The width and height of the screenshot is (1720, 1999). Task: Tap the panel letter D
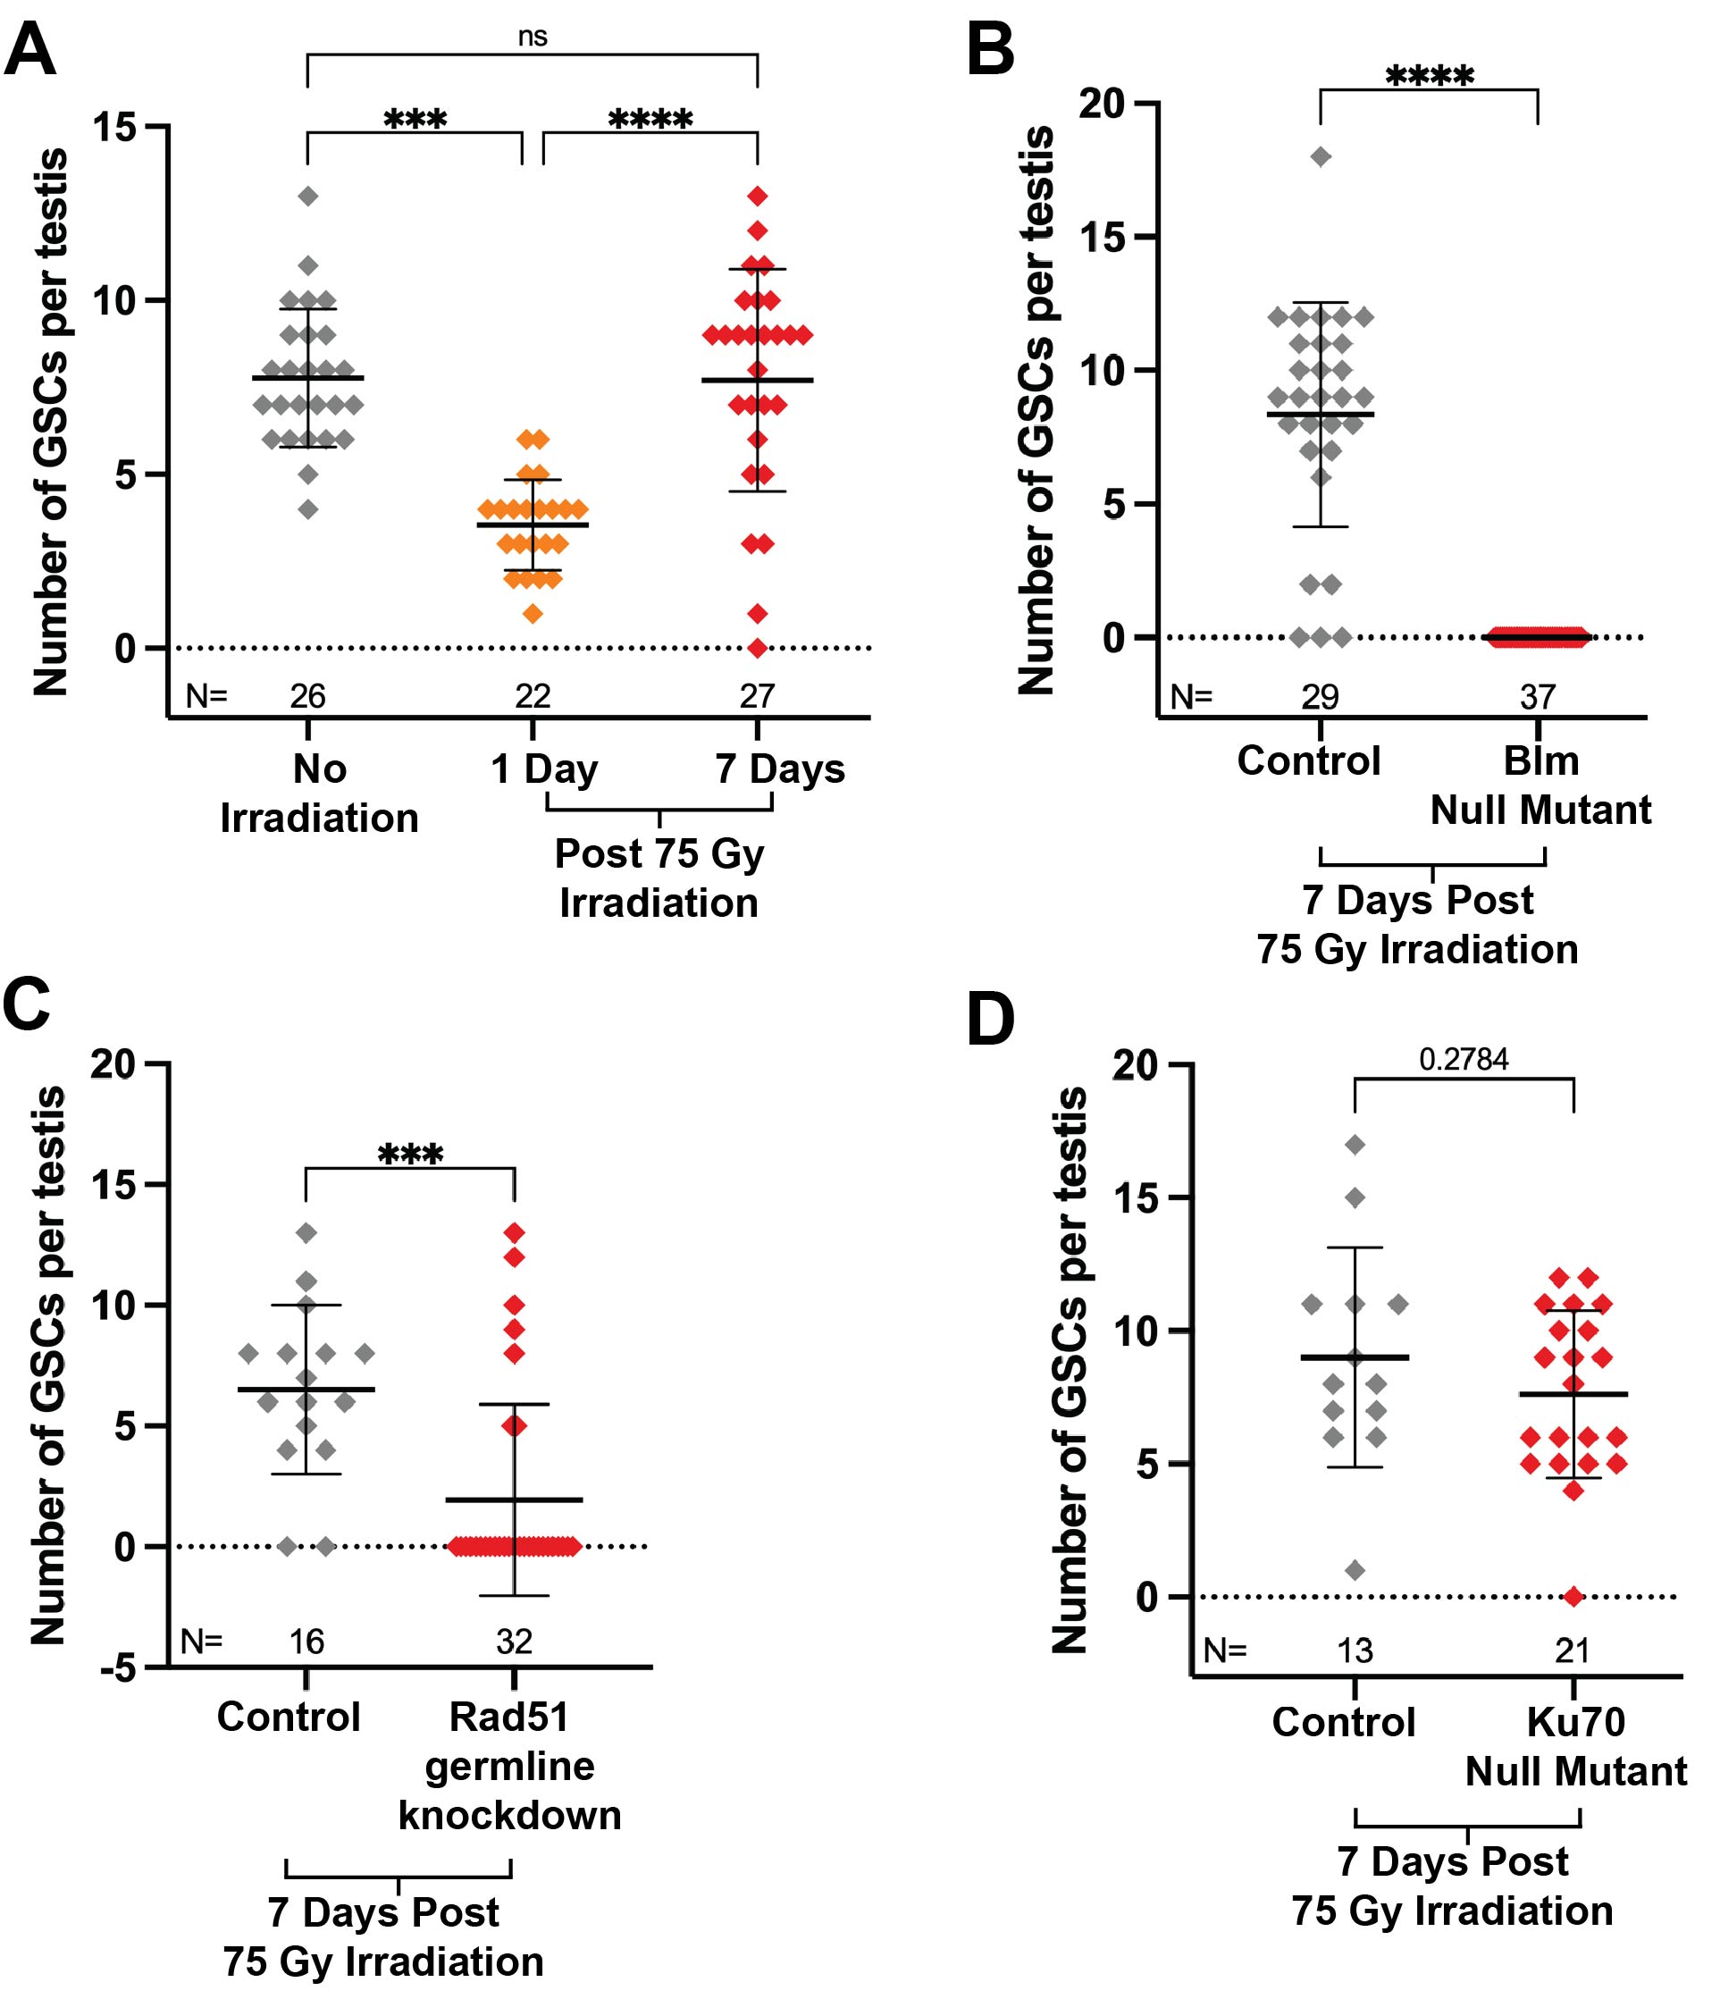point(991,1020)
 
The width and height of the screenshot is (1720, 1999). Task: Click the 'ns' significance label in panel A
point(533,37)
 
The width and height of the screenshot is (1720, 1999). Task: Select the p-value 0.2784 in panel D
point(1464,1059)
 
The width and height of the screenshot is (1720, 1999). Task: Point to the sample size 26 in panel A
point(307,695)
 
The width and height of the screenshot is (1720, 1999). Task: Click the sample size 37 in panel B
point(1538,696)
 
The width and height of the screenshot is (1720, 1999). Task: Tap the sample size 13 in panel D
point(1355,1650)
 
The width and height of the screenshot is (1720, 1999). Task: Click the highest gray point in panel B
point(1321,157)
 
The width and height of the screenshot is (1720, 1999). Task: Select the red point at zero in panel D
point(1573,1597)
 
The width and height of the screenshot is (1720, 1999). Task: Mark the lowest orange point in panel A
point(533,614)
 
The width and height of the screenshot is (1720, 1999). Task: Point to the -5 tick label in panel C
point(119,1668)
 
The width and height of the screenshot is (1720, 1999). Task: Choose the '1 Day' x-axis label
point(544,769)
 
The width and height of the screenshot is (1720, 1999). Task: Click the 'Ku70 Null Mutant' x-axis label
point(1575,1746)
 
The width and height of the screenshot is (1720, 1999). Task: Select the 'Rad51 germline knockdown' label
point(509,1766)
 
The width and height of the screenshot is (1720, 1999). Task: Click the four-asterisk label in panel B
point(1430,76)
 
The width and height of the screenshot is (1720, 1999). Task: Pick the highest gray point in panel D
point(1355,1146)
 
